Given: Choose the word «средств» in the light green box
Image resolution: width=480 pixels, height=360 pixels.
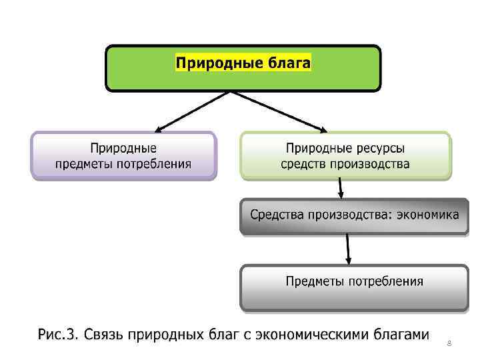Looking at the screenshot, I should pyautogui.click(x=303, y=163).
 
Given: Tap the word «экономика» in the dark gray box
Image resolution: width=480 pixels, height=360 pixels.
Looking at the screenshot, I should pyautogui.click(x=427, y=215).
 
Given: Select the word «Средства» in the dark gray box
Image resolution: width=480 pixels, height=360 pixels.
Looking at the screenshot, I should pyautogui.click(x=277, y=215).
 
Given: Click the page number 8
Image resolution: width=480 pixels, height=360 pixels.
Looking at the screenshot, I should pyautogui.click(x=449, y=343).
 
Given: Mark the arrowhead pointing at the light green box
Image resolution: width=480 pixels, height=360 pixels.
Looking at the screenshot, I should pyautogui.click(x=323, y=129).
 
